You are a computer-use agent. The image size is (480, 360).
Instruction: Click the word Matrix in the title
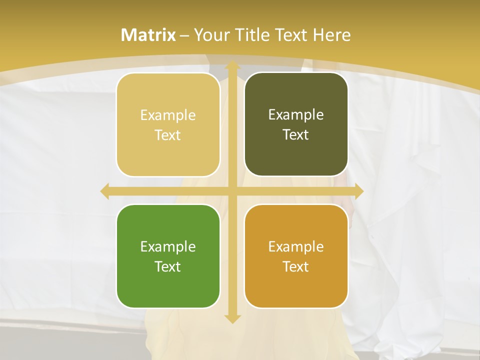point(148,35)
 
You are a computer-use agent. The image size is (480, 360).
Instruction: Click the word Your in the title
point(209,35)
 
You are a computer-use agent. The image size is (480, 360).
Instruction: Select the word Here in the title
point(332,35)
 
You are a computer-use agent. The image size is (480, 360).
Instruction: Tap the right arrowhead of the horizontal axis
point(358,191)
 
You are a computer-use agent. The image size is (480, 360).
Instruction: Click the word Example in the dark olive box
point(296,114)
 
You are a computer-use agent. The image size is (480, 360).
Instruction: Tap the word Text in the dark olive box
point(296,134)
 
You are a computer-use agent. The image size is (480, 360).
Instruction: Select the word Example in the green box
point(168,246)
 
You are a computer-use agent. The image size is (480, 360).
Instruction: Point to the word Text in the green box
point(168,266)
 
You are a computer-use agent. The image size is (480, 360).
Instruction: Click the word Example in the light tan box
point(168,115)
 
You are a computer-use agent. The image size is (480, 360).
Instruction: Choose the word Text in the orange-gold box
point(296,266)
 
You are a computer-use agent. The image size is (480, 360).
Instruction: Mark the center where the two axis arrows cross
point(232,191)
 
